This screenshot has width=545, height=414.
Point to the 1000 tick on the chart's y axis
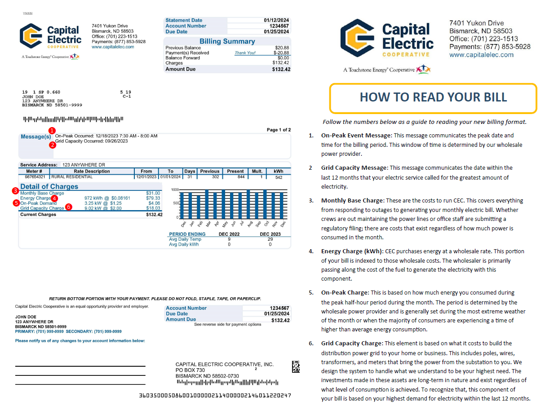[x=175, y=189]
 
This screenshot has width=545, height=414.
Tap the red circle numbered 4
[x=54, y=198]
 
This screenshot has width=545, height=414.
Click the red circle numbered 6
[x=68, y=207]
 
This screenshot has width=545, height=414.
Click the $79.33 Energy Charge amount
[x=153, y=198]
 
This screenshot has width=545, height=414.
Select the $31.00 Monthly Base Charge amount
[x=153, y=193]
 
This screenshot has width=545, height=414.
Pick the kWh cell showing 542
[x=279, y=177]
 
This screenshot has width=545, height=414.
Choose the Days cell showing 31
[x=190, y=177]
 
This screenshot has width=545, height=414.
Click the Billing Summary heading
[x=227, y=41]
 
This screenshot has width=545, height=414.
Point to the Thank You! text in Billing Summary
[x=245, y=53]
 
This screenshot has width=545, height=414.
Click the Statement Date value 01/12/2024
[x=277, y=20]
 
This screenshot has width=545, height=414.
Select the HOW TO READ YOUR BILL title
[x=433, y=97]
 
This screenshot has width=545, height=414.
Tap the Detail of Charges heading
[x=49, y=186]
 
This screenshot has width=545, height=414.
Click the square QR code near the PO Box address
[x=296, y=366]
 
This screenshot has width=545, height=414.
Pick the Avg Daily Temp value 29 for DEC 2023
[x=270, y=239]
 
